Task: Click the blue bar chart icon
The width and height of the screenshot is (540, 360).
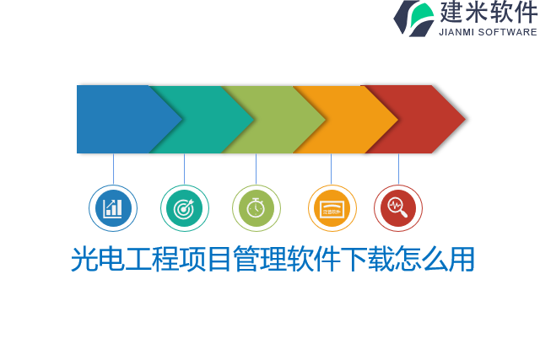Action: point(113,208)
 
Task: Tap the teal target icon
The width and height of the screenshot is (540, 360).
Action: point(184,208)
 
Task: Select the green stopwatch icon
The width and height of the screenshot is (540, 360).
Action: point(256,208)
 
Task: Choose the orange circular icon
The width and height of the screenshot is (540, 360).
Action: point(332,208)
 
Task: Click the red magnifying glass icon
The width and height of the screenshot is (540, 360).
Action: point(397,208)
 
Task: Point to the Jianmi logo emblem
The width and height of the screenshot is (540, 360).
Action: point(413,18)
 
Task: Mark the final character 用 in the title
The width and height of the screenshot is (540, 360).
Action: point(462,260)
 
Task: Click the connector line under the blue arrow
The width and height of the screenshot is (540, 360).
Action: point(113,169)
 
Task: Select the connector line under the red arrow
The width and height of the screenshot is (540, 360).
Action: point(398,169)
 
